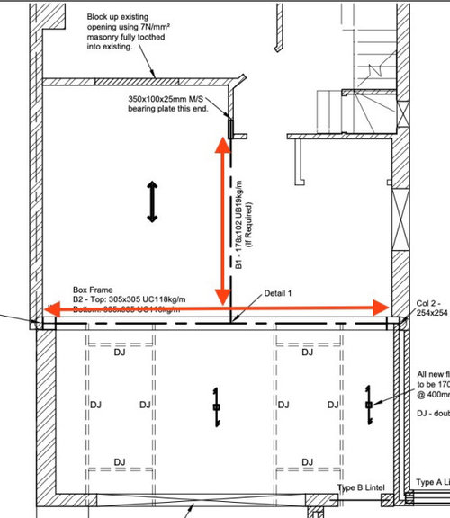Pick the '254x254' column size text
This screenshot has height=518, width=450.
[433, 314]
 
